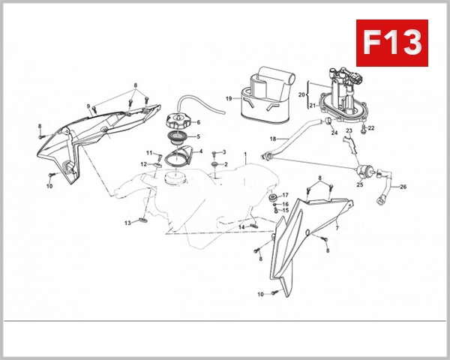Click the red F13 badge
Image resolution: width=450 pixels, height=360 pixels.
(391, 43)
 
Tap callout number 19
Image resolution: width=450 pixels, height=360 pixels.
(229, 98)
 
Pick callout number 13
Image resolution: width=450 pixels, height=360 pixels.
(128, 223)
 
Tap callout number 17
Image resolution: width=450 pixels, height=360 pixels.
(285, 196)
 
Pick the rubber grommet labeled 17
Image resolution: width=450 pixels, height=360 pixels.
(274, 197)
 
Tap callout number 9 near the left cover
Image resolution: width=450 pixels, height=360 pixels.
(88, 106)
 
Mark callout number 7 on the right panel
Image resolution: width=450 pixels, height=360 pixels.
(337, 227)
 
